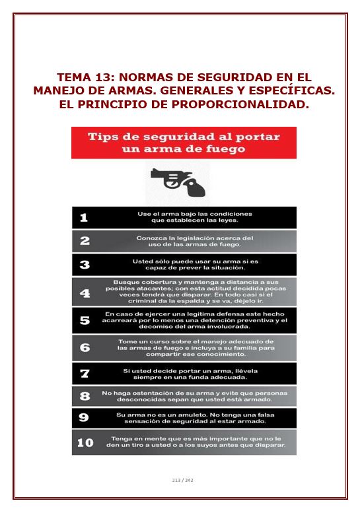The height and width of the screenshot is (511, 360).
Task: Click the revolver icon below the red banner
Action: point(178,182)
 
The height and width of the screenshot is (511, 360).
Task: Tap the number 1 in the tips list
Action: point(84,217)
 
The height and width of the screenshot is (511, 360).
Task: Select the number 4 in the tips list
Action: point(85,293)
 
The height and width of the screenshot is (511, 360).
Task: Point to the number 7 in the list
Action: point(85,374)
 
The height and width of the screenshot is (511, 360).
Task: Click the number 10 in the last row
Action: point(85,442)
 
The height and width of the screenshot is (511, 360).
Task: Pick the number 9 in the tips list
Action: point(84,417)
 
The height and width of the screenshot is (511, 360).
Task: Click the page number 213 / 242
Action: point(182,480)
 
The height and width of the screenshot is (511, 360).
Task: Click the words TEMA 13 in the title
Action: point(86,77)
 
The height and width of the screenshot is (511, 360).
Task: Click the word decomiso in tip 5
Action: point(153,327)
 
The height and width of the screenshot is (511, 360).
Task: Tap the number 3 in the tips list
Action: point(85,265)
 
